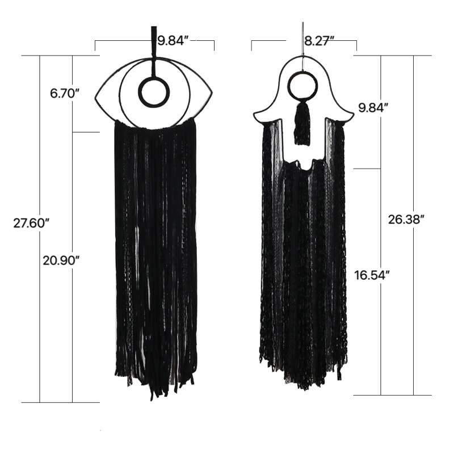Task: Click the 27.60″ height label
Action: click(x=32, y=223)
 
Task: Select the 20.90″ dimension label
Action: click(x=61, y=260)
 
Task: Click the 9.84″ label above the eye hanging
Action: click(x=173, y=40)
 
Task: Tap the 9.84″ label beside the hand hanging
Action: click(x=373, y=108)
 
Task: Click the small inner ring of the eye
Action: click(x=153, y=78)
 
